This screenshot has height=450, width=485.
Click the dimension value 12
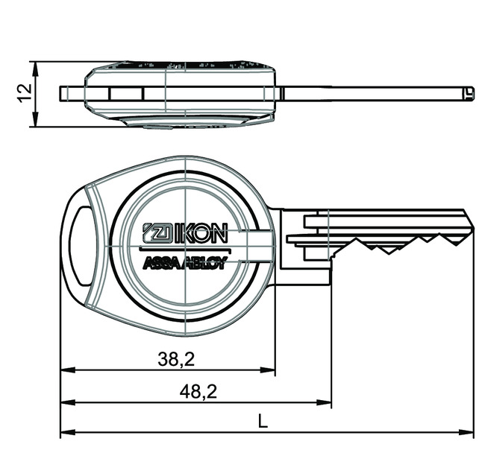(x=24, y=92)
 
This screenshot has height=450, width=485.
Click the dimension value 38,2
(x=177, y=359)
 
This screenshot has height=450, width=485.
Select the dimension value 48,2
(x=198, y=391)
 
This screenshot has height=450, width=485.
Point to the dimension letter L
(x=262, y=421)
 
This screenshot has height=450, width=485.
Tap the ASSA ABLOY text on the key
(x=184, y=262)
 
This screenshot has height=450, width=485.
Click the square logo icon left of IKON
(x=155, y=232)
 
